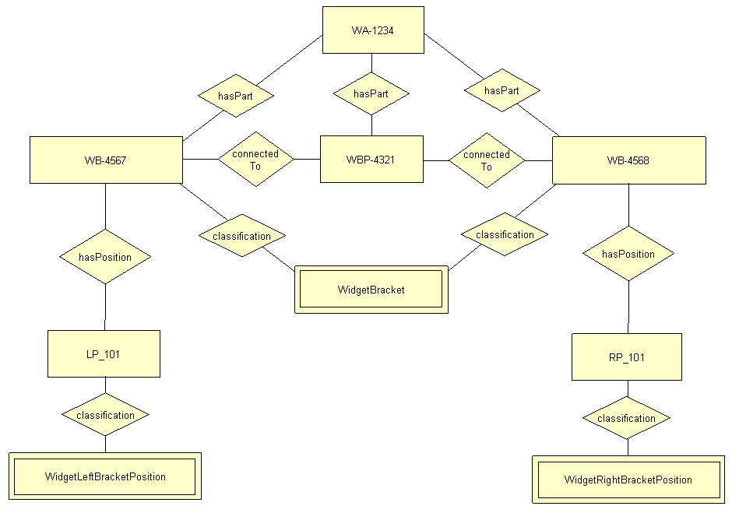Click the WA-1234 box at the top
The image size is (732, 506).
373,30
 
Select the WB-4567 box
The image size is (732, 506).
106,160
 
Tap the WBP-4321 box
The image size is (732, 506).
371,160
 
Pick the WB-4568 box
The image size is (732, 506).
628,160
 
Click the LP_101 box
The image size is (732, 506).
104,354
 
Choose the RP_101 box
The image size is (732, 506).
626,357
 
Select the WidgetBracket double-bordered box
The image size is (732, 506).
371,290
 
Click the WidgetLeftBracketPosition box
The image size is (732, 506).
105,476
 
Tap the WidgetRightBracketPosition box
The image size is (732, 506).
628,480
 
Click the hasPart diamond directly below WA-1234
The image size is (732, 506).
371,93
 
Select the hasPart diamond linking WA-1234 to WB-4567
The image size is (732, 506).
236,95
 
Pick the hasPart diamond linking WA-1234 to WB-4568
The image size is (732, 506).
501,90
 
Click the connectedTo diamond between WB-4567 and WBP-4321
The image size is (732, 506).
255,159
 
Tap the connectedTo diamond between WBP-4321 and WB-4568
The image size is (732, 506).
487,160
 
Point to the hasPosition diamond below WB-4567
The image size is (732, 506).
105,256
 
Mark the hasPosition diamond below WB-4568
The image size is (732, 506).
628,254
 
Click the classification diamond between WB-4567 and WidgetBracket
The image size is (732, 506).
242,236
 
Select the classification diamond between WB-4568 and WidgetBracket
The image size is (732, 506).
505,234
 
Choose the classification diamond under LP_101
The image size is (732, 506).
105,415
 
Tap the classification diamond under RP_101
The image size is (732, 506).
626,418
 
